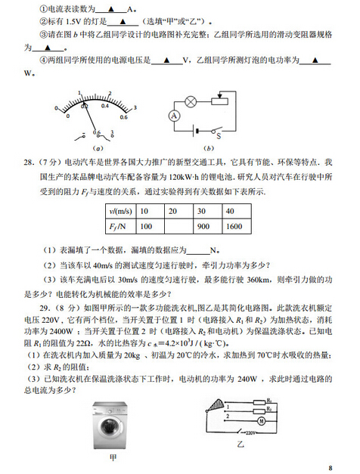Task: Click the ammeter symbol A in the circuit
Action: [x=172, y=116]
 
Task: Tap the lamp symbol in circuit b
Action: [x=191, y=100]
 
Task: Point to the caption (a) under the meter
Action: [x=98, y=148]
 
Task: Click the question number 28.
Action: [x=29, y=163]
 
